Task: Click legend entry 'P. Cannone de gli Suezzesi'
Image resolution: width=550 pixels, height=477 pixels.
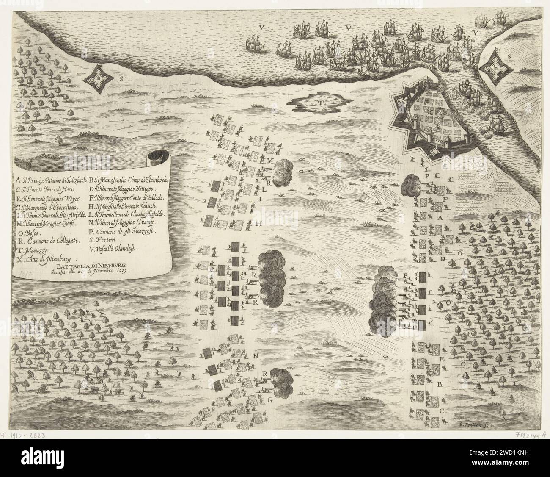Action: pyautogui.click(x=123, y=232)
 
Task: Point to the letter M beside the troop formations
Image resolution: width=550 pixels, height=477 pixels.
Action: pyautogui.click(x=269, y=160)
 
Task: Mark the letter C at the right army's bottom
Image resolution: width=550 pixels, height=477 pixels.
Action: pyautogui.click(x=442, y=410)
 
